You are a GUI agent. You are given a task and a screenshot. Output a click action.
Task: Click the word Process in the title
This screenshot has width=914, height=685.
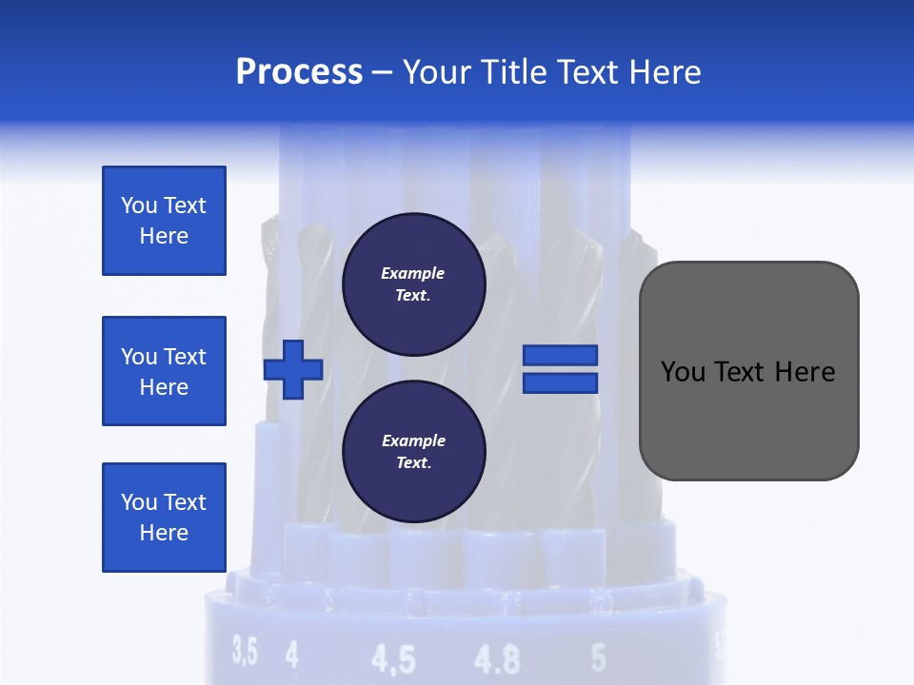tap(299, 72)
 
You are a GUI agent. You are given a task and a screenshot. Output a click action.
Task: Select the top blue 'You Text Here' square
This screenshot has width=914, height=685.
tap(164, 221)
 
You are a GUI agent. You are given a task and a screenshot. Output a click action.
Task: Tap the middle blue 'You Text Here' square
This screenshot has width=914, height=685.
tap(164, 371)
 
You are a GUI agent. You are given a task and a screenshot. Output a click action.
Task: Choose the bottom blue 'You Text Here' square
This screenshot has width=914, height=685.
tap(164, 518)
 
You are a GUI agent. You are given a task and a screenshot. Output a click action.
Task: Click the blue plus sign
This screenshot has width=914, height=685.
tap(293, 368)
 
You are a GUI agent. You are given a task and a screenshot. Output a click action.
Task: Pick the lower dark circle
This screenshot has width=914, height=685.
tap(414, 451)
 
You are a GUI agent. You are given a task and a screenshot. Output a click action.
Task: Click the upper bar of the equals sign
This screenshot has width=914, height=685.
tap(561, 356)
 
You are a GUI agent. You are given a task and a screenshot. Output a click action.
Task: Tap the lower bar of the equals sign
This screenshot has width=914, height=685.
tap(561, 382)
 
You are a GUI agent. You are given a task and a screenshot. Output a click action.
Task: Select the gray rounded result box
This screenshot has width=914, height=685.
tap(748, 371)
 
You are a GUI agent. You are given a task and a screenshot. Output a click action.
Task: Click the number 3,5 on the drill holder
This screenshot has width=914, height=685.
tap(245, 653)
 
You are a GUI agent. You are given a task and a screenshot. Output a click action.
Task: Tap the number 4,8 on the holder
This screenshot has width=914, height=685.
tap(497, 658)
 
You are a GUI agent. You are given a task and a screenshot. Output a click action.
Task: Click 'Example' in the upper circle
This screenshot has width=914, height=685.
tap(413, 273)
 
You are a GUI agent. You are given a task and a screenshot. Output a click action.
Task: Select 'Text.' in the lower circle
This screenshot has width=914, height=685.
tap(413, 463)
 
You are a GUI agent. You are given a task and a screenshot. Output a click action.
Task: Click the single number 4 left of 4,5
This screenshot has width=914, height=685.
tap(291, 654)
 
